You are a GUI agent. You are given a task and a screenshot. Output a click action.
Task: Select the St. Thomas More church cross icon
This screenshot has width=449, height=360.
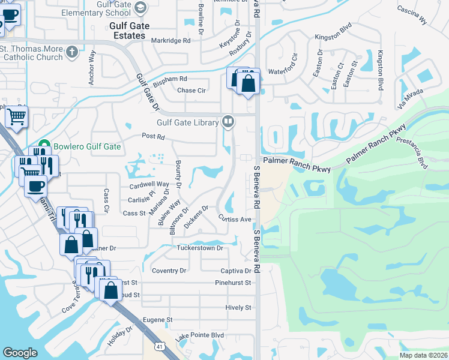(72, 52)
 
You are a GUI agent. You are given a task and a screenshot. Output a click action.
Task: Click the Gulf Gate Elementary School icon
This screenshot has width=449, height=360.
(140, 7)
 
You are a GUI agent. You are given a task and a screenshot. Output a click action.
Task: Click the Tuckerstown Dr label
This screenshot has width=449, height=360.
(199, 248)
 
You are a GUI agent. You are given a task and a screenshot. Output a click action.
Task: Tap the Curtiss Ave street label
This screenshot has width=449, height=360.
(235, 219)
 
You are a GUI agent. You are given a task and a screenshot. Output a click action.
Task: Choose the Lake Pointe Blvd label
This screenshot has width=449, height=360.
(199, 336)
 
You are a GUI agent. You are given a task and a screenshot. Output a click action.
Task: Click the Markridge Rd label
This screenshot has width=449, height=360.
(170, 40)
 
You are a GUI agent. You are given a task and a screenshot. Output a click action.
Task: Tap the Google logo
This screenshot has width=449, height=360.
(20, 353)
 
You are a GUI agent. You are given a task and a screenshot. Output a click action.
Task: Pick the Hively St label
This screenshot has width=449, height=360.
(238, 308)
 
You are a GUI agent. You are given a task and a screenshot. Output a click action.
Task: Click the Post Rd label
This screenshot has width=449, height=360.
(152, 137)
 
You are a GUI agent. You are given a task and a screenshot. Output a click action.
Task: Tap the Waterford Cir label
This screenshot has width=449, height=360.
(285, 67)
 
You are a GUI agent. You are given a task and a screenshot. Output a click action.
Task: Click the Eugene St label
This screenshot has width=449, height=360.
(157, 320)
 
